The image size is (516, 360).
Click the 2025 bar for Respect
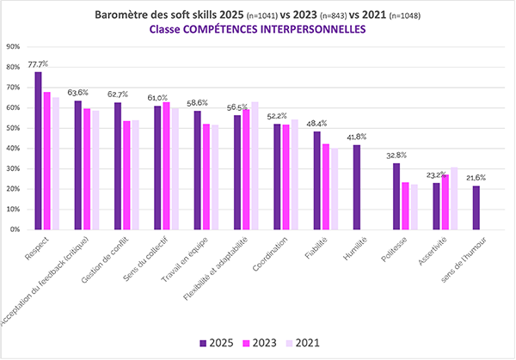coord(38,150)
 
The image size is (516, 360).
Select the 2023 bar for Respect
coord(46,161)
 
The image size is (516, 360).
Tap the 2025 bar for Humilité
coord(356,187)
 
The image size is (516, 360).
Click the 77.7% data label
coord(38,64)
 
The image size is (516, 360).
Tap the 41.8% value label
coord(356,137)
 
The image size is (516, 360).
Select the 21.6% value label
coord(476,178)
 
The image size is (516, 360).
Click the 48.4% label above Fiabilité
coord(316,124)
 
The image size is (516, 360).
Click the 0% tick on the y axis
coord(15,229)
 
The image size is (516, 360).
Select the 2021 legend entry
coord(303,343)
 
